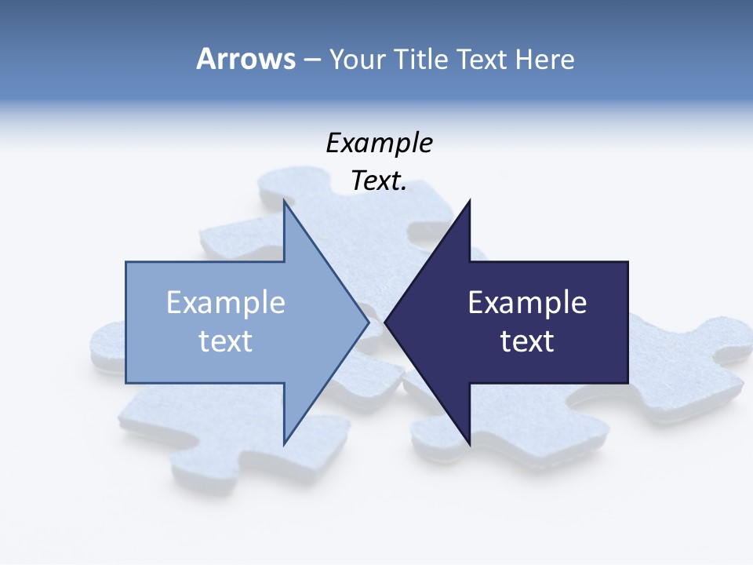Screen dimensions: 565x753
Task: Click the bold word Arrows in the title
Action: [x=246, y=59]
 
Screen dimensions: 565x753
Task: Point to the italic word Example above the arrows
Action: [x=379, y=143]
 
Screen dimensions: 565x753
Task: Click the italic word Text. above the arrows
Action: [x=379, y=181]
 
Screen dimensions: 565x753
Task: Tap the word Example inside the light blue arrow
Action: [x=225, y=303]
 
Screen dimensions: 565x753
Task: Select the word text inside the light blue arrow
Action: [x=225, y=341]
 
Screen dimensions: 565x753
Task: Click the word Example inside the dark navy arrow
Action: [x=527, y=303]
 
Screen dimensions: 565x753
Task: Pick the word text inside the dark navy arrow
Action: [x=527, y=341]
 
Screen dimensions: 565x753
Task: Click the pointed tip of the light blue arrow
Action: [x=368, y=322]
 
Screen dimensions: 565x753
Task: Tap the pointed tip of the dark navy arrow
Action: [x=386, y=322]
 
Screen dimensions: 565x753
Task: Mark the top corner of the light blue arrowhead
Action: [x=285, y=202]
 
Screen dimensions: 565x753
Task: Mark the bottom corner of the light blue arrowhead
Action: [x=285, y=442]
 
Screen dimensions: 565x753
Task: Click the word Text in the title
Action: [x=482, y=59]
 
